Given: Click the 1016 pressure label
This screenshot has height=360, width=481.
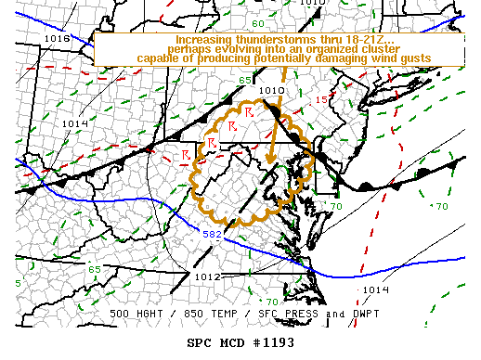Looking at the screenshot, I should pos(58,39).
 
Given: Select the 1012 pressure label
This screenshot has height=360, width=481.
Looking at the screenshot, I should pos(206,276).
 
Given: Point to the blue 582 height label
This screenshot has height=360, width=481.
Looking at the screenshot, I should pos(213,234).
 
